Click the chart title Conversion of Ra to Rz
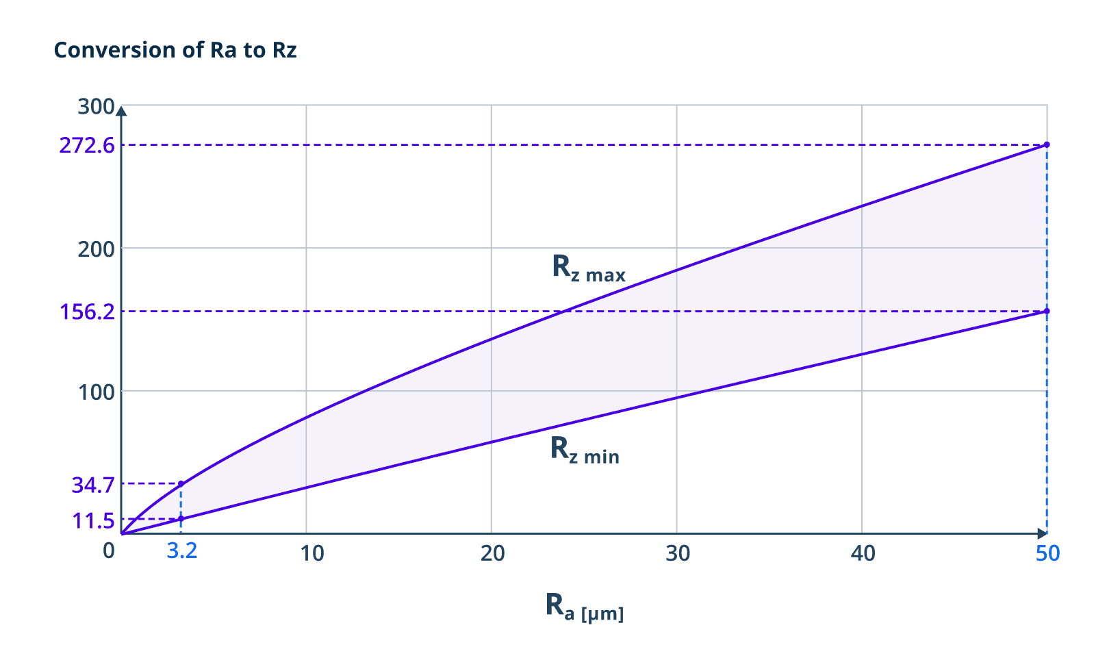(175, 50)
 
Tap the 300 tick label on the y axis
(96, 106)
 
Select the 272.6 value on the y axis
(87, 145)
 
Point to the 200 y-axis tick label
(96, 249)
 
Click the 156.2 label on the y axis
(87, 312)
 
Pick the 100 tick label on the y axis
(96, 392)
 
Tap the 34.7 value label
(93, 485)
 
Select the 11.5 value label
(93, 521)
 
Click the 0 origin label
(109, 550)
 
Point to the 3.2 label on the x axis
(182, 550)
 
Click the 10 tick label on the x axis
(312, 553)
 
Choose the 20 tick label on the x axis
(493, 553)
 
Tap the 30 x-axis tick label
(678, 553)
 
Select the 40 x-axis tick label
(863, 553)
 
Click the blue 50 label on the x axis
(1047, 553)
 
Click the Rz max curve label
(589, 268)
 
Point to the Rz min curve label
(585, 450)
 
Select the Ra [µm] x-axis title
(585, 607)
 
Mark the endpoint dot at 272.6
(1047, 144)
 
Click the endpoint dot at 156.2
(1047, 312)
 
